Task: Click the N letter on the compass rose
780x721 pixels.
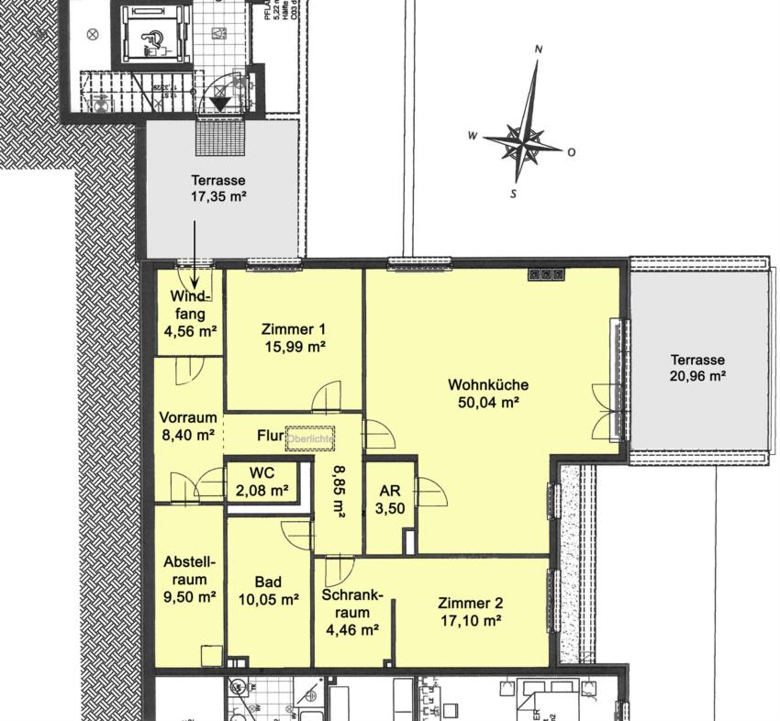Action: click(539, 50)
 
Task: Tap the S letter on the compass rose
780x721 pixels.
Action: click(514, 194)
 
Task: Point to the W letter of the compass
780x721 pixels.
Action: click(473, 136)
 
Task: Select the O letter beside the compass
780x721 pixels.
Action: click(571, 152)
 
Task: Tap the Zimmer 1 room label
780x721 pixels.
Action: click(293, 329)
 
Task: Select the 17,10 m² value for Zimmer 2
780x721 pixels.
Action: click(470, 621)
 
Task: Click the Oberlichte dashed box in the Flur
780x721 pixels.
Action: click(310, 438)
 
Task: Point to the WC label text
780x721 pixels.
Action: click(262, 473)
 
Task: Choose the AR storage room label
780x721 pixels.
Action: click(389, 490)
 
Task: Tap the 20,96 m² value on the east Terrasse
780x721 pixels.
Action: click(697, 376)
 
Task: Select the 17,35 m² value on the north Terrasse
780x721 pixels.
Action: click(217, 196)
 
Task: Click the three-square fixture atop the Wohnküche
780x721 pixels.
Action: click(545, 273)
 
